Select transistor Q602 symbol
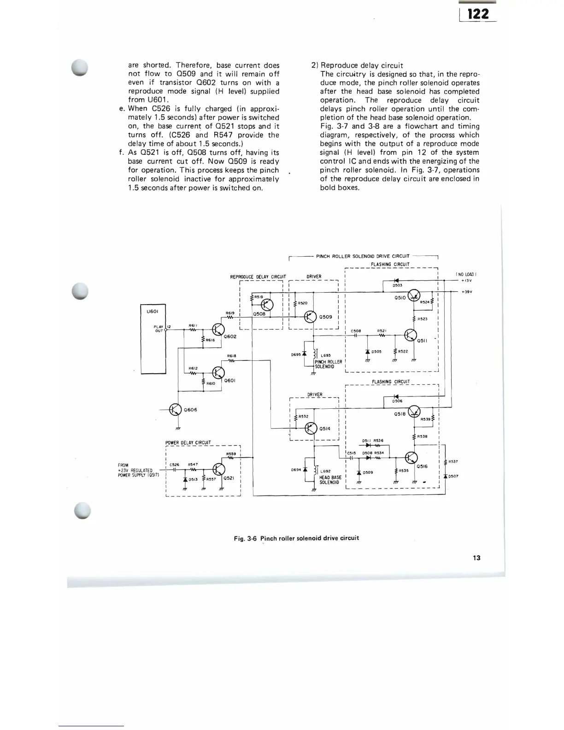218,330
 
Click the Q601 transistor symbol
218,373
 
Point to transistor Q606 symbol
176,409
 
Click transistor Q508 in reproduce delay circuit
267,305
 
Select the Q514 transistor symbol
311,428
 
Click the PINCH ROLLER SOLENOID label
328,364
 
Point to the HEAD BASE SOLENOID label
330,480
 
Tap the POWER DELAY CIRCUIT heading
188,443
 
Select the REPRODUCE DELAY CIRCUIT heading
258,277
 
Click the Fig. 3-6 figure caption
296,538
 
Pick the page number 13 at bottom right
476,558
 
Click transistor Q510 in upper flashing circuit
414,297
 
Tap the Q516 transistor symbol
411,458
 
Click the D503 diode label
398,286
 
